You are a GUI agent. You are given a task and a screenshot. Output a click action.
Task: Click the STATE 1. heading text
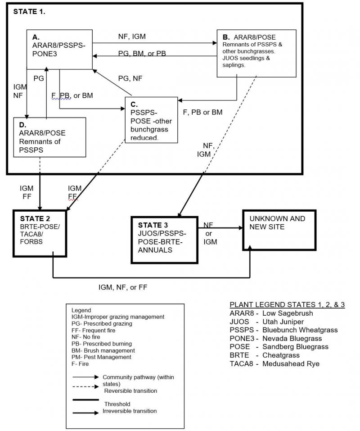tap(29, 12)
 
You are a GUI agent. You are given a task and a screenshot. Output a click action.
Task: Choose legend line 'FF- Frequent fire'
tap(93, 330)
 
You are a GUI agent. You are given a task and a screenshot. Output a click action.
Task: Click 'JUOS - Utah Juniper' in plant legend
tap(265, 322)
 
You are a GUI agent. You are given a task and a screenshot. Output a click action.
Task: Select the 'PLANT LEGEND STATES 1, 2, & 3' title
tap(287, 304)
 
